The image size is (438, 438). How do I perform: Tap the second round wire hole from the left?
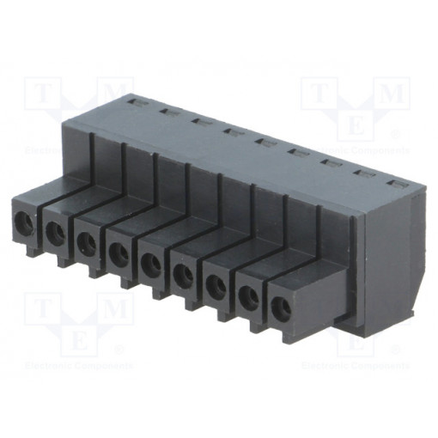click(x=55, y=233)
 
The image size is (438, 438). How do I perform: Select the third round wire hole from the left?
click(x=87, y=244)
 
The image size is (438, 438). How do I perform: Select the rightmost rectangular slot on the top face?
click(x=397, y=183)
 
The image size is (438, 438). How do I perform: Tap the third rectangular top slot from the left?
click(x=198, y=121)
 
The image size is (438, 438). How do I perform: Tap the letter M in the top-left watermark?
click(x=113, y=92)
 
